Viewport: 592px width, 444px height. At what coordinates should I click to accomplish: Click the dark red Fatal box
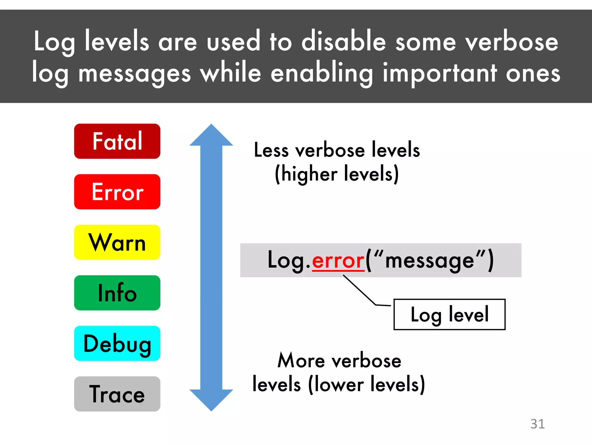(117, 141)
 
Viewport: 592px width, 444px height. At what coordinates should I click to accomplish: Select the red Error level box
(117, 192)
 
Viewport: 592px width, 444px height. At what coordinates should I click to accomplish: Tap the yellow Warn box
(117, 242)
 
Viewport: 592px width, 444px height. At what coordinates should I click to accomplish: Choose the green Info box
(117, 293)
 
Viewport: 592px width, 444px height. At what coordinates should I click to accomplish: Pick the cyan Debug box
(117, 343)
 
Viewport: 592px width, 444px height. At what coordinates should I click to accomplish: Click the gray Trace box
(117, 394)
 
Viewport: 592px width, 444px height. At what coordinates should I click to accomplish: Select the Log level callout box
(449, 314)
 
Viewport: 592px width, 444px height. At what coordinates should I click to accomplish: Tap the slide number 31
(537, 424)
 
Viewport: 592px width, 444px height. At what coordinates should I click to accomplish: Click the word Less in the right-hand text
(271, 150)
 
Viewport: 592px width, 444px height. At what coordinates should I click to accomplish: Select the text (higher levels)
(337, 174)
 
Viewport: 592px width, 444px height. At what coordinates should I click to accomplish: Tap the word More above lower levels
(301, 361)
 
